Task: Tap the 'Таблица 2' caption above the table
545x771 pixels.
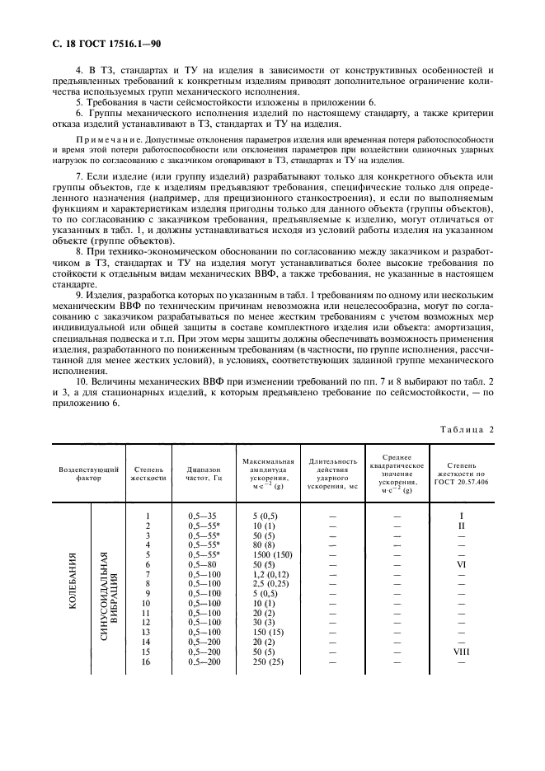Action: click(467, 428)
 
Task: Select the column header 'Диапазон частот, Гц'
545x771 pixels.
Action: click(205, 474)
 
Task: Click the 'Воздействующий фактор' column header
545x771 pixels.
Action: click(89, 473)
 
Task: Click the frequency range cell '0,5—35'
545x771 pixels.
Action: click(202, 516)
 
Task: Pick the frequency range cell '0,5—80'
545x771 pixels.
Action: click(202, 565)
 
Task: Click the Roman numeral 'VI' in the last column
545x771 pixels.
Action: click(462, 565)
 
